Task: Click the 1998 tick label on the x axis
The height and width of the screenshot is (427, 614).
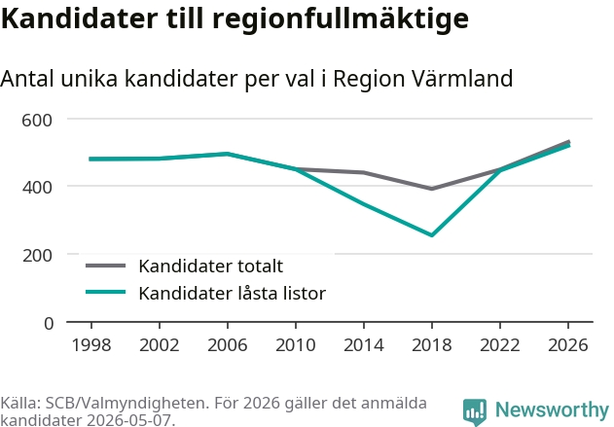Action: [x=91, y=344]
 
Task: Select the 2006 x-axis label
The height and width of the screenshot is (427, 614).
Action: [x=227, y=344]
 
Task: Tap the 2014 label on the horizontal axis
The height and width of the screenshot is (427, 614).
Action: [x=363, y=344]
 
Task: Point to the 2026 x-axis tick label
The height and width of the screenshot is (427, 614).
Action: [x=568, y=344]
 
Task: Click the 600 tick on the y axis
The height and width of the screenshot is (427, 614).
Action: [x=37, y=120]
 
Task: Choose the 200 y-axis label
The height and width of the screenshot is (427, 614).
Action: [x=37, y=256]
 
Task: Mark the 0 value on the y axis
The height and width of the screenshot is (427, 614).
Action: [x=49, y=324]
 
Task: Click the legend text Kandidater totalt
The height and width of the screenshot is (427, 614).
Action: [x=211, y=267]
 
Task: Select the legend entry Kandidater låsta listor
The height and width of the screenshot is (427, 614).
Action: [x=233, y=293]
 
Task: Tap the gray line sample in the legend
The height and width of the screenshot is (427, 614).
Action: [x=106, y=266]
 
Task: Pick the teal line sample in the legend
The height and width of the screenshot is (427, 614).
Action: [x=106, y=292]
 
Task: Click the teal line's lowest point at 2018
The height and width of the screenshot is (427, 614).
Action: [x=431, y=235]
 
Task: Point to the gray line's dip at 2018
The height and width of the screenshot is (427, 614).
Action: [x=431, y=189]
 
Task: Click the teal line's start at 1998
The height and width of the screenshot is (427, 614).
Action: [x=91, y=159]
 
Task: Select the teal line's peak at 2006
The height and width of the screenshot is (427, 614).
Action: [x=227, y=154]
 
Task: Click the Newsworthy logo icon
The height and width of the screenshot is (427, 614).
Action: [x=474, y=412]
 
